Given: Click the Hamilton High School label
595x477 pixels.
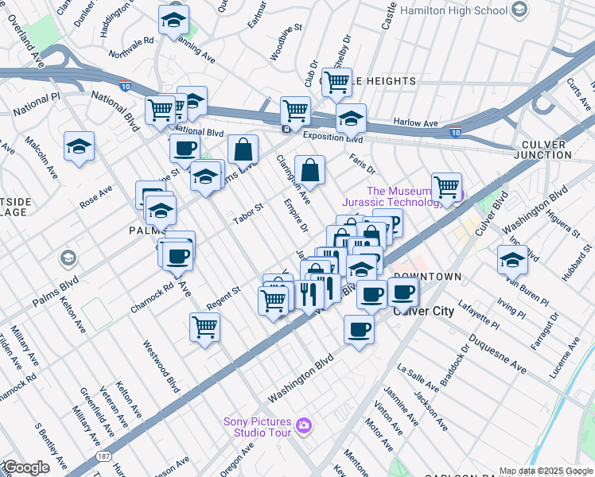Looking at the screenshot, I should coord(453,11).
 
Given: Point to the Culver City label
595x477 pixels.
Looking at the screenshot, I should coord(424,311).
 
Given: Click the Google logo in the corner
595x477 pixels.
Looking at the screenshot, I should coord(25,467).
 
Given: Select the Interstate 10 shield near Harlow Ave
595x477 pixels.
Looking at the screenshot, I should coord(455,132).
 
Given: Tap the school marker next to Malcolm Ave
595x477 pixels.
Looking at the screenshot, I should coord(80,147).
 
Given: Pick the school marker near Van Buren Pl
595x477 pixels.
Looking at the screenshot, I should coord(512,260).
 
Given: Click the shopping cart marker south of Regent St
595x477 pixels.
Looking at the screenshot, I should coord(205,327).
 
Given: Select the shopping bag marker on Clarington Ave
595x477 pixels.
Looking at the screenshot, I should coord(309,170).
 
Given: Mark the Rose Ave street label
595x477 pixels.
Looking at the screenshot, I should coord(95,197).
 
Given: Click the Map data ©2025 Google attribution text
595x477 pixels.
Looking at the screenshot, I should coord(546,471).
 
